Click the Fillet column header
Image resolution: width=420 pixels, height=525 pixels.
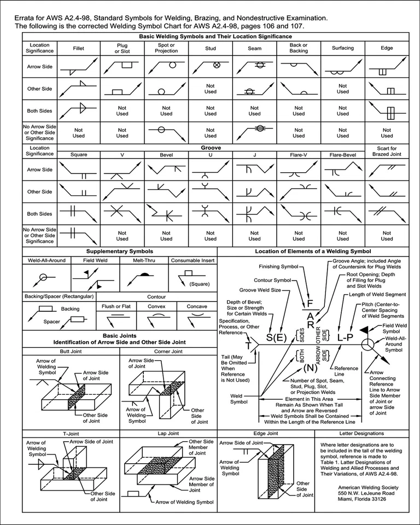79,48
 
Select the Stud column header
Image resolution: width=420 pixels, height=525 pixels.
211,48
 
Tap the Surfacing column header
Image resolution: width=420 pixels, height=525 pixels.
343,48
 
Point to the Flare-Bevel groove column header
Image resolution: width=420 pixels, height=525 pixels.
343,155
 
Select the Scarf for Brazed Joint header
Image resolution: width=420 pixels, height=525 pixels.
387,151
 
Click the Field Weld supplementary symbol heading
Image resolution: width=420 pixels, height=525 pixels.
95,261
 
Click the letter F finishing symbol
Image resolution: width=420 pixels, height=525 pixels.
310,303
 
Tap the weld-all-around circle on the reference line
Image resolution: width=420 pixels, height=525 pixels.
367,344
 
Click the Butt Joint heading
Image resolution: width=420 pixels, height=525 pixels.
71,351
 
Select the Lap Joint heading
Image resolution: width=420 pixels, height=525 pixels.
168,433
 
